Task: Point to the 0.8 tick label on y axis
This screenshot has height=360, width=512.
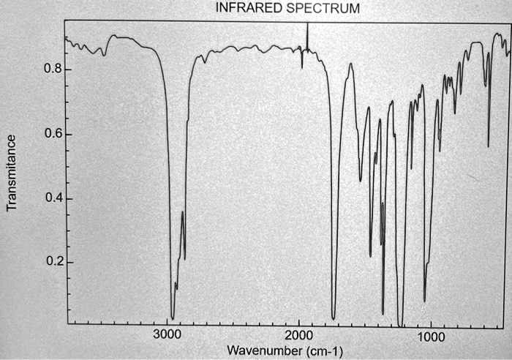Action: [51, 70]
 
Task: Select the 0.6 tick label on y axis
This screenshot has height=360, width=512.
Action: [51, 135]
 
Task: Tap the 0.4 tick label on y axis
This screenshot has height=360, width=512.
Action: [51, 199]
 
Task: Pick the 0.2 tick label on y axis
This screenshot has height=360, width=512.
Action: [51, 263]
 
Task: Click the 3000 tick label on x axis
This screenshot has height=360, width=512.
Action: [168, 335]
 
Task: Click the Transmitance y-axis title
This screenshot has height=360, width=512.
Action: [12, 173]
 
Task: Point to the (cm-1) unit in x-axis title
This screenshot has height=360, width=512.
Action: [323, 350]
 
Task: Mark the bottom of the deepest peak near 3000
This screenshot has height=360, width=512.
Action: [173, 318]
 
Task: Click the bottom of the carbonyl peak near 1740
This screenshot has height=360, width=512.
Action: [334, 318]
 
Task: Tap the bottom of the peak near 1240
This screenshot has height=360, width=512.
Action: [399, 323]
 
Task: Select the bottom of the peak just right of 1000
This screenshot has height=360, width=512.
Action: [424, 301]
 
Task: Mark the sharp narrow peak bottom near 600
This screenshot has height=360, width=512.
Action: [489, 146]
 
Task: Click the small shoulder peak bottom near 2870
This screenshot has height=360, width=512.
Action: [184, 258]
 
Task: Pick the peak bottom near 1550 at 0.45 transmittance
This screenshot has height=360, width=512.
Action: [360, 181]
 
